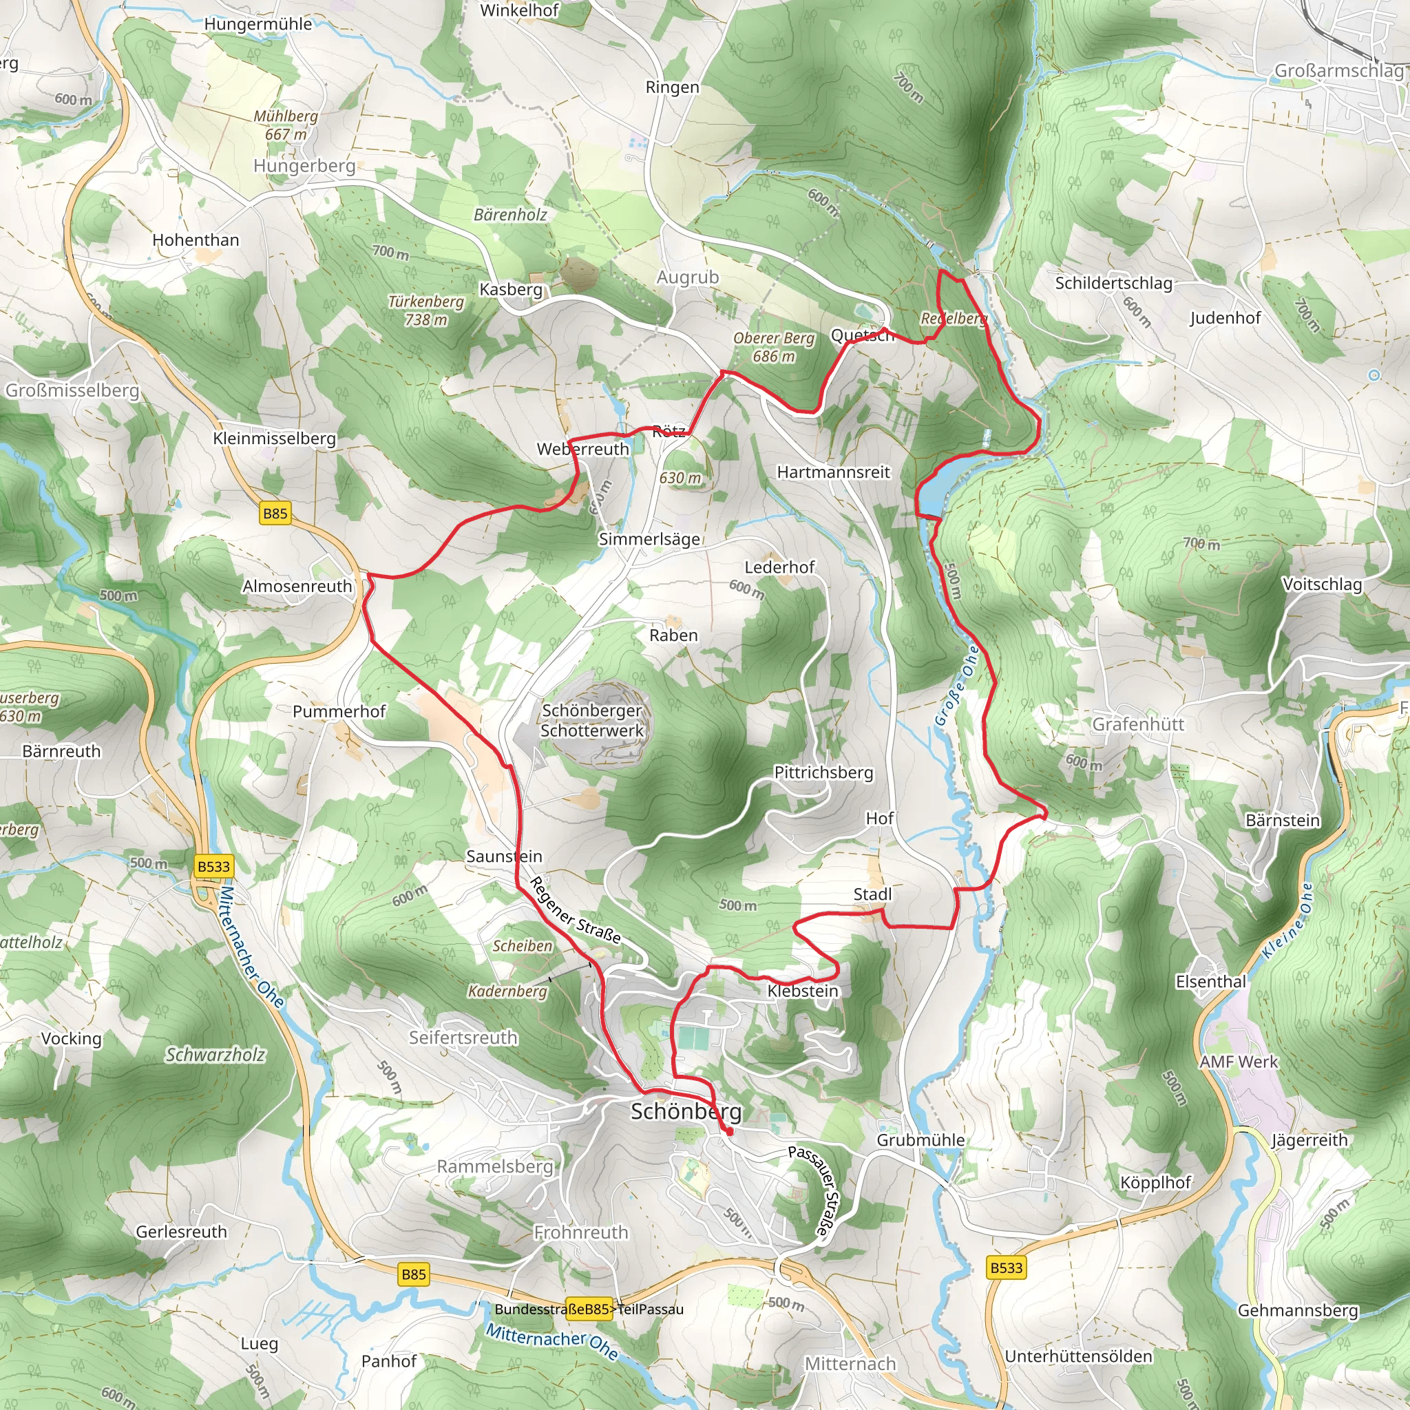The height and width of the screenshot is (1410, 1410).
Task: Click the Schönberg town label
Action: [685, 1111]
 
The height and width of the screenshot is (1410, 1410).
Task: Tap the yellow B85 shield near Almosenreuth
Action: [275, 513]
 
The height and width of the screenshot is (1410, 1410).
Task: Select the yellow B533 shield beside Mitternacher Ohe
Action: [214, 866]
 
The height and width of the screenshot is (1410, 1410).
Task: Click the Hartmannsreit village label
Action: [833, 472]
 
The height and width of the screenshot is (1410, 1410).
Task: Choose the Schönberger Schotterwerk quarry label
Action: [592, 720]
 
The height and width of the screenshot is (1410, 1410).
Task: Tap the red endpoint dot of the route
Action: [729, 1132]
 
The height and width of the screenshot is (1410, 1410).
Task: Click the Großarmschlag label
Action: [1338, 71]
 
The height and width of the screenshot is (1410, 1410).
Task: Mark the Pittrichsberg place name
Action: [823, 772]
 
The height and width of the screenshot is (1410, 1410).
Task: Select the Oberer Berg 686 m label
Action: [774, 348]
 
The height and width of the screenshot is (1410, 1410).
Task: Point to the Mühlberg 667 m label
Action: [285, 125]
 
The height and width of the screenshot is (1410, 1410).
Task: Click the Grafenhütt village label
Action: [1138, 724]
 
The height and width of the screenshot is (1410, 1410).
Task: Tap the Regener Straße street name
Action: [574, 911]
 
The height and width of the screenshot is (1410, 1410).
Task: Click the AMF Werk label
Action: [1239, 1062]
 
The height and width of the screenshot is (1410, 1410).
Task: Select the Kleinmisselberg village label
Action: [275, 439]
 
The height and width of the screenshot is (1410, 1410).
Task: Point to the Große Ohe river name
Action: [957, 685]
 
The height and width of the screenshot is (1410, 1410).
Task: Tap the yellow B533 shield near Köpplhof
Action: [1007, 1267]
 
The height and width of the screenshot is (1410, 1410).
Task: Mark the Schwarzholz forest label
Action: [215, 1055]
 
